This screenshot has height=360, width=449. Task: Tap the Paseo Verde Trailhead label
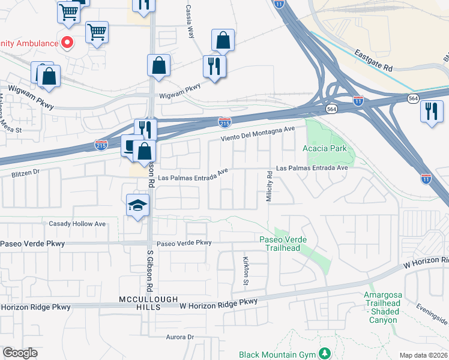[283, 244]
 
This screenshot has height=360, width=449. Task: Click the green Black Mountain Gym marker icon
[325, 354]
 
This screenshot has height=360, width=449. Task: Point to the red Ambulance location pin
[67, 43]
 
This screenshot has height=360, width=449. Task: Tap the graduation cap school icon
[137, 205]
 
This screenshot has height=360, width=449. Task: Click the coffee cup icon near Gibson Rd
[130, 145]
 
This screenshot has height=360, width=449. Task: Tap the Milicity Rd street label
[270, 186]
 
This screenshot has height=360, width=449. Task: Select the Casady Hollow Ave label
[77, 224]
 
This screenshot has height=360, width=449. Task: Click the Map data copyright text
[423, 355]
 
